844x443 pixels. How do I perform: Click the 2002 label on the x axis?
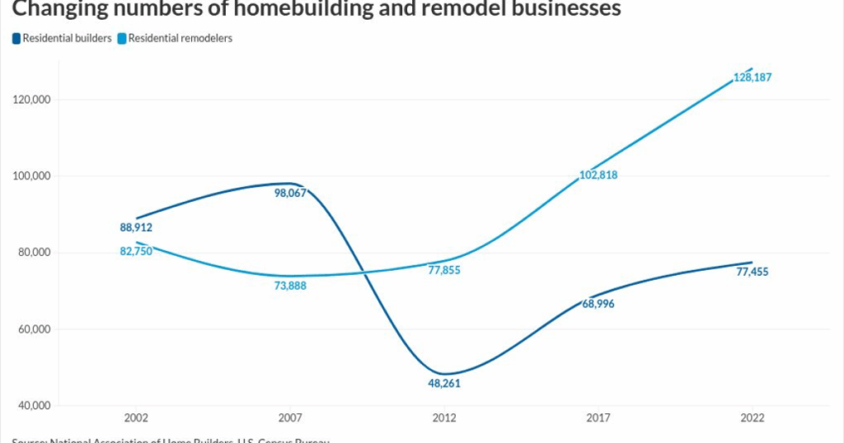pos(136,418)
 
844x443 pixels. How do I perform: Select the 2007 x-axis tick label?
pos(290,418)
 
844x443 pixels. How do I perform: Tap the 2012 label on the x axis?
pos(444,418)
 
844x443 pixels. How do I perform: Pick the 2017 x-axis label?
pos(598,418)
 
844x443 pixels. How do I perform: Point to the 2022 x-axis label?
pos(752,418)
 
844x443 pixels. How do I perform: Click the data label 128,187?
pos(752,78)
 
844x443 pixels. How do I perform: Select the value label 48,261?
pos(444,384)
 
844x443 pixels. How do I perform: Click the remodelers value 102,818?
pos(598,175)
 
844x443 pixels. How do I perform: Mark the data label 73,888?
pos(290,286)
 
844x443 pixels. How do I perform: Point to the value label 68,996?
pos(598,304)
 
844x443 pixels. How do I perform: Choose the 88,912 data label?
pos(136,228)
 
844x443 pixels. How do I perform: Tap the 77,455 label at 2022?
pos(752,272)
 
